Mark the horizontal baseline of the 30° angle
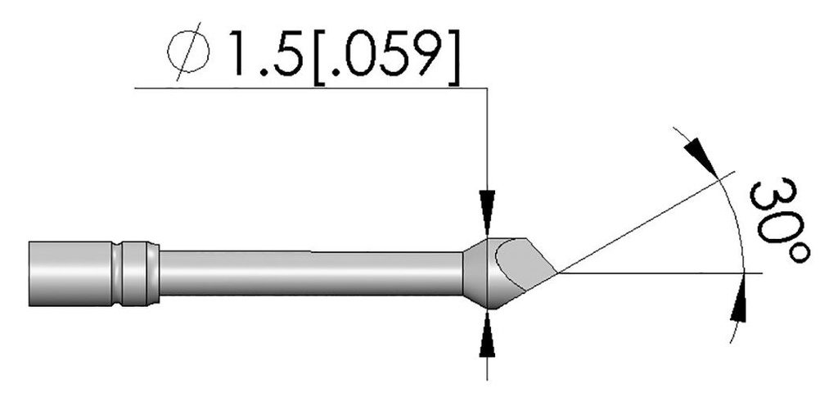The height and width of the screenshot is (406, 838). (655, 272)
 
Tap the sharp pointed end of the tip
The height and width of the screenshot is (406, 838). (556, 271)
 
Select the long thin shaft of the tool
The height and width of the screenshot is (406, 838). (311, 272)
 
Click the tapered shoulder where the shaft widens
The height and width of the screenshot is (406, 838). (475, 273)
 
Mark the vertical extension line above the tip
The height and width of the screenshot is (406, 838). (488, 139)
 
